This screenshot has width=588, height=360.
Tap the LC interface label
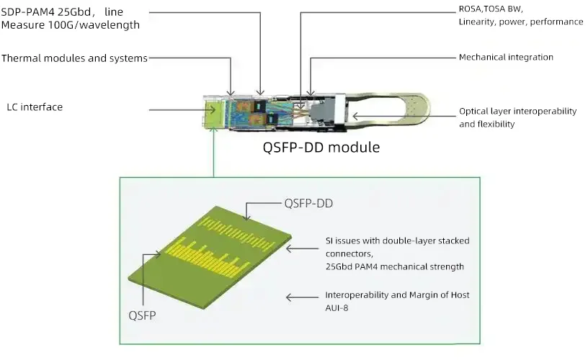tap(34, 107)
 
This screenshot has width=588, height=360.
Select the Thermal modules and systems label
tap(74, 58)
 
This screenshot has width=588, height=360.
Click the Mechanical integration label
tap(506, 57)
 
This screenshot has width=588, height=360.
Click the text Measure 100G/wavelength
tap(70, 25)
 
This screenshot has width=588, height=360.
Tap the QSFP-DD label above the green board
tap(308, 203)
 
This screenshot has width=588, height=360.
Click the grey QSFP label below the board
tap(142, 315)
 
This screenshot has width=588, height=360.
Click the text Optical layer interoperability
tap(518, 112)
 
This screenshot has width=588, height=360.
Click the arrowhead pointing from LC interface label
tap(212, 109)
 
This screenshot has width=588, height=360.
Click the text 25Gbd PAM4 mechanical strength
tap(394, 266)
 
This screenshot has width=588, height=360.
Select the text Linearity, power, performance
tap(521, 22)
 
